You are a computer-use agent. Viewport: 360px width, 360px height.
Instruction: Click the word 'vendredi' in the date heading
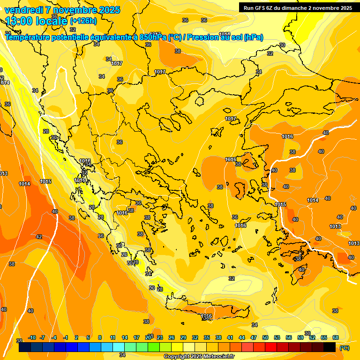pyautogui.click(x=23, y=10)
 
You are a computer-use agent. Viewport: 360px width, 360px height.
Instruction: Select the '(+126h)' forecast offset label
pyautogui.click(x=83, y=21)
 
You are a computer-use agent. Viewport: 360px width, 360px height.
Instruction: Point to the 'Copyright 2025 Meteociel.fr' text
pyautogui.click(x=199, y=356)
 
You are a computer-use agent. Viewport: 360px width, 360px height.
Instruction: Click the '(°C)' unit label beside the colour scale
pyautogui.click(x=344, y=348)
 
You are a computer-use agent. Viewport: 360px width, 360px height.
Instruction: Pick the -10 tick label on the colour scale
pyautogui.click(x=32, y=337)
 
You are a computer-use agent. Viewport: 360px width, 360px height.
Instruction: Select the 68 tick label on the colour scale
pyautogui.click(x=336, y=337)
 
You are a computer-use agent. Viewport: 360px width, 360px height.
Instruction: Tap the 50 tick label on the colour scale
pyautogui.click(x=265, y=337)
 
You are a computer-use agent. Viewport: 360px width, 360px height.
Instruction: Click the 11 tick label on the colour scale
pyautogui.click(x=113, y=337)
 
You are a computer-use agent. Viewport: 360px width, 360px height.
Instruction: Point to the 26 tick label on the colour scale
pyautogui.click(x=172, y=337)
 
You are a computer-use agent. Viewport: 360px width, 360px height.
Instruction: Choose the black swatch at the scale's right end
pyautogui.click(x=330, y=347)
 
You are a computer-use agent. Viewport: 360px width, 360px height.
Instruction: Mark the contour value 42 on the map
pyautogui.click(x=39, y=237)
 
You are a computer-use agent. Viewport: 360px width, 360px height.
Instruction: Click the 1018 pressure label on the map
pyautogui.click(x=225, y=34)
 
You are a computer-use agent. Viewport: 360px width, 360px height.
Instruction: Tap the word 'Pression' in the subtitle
pyautogui.click(x=203, y=37)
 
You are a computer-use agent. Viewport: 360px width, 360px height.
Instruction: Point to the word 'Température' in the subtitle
pyautogui.click(x=28, y=37)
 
